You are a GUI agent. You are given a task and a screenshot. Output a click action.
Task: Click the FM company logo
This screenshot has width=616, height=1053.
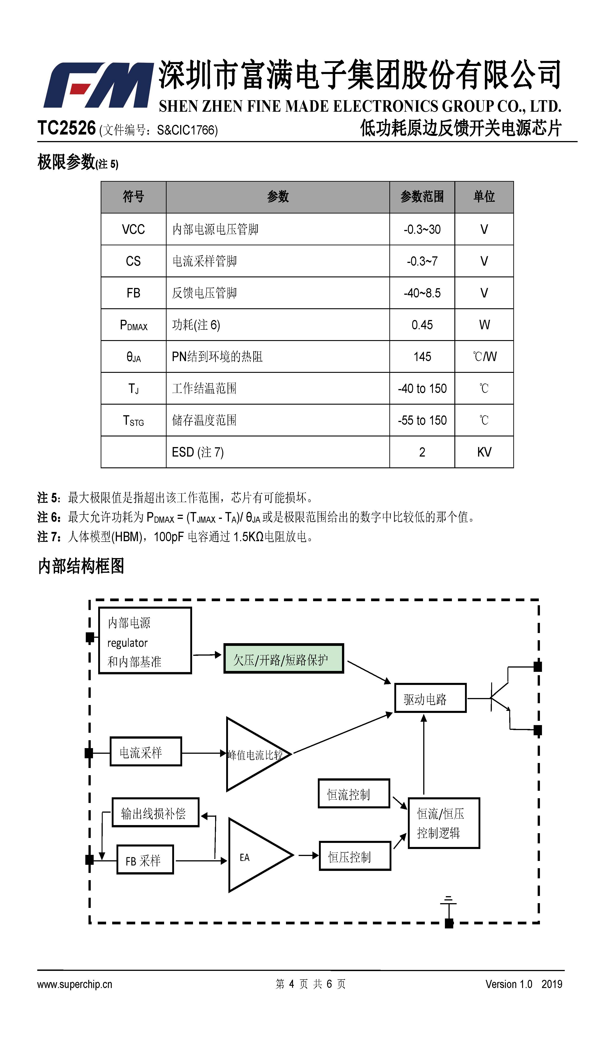pos(99,85)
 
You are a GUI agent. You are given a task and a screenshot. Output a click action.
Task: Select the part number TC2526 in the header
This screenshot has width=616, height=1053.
pos(66,128)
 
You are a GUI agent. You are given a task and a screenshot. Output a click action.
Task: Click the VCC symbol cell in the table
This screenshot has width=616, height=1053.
pos(133,229)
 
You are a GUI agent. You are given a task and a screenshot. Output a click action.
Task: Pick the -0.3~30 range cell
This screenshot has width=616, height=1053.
pos(422,229)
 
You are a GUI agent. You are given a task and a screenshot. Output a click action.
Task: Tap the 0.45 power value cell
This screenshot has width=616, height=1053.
pos(422,325)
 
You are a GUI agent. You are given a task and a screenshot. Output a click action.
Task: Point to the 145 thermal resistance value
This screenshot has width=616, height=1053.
pos(422,356)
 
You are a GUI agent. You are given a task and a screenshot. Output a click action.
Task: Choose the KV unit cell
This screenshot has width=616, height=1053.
pos(484,452)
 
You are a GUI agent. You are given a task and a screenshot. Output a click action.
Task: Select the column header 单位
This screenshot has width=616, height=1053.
pos(484,196)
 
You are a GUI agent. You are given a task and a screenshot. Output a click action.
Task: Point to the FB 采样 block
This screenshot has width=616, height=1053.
pos(145,860)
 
